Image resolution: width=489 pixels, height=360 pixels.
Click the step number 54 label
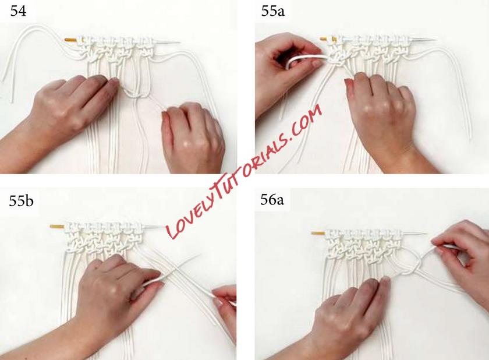pyautogui.click(x=18, y=11)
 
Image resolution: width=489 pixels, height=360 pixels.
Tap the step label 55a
pyautogui.click(x=273, y=11)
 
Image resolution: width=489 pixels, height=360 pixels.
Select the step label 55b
pyautogui.click(x=21, y=201)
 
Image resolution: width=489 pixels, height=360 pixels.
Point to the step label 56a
pyautogui.click(x=272, y=200)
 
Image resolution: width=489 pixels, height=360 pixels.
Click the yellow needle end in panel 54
pyautogui.click(x=71, y=40)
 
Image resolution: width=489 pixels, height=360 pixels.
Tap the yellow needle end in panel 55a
pyautogui.click(x=328, y=39)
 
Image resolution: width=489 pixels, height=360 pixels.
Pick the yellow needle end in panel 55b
pyautogui.click(x=57, y=226)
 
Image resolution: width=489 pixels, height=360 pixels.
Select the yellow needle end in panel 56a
pyautogui.click(x=318, y=233)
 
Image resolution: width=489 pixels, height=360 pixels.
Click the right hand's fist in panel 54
pyautogui.click(x=193, y=137)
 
